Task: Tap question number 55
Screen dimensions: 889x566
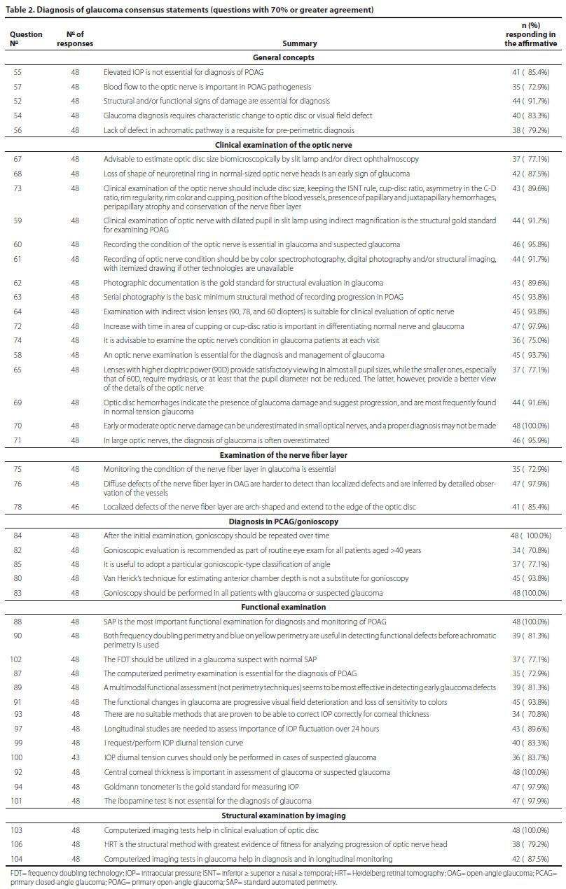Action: [18, 72]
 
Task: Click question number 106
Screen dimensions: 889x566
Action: [18, 843]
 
